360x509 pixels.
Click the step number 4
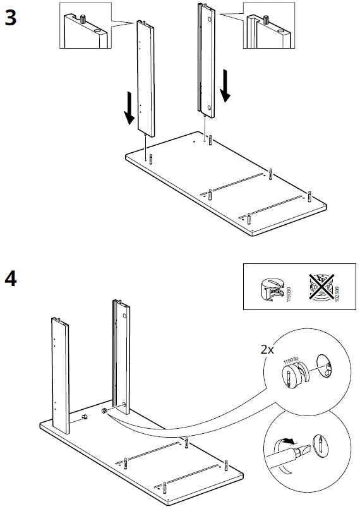pos(11,278)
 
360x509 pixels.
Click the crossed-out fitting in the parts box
pos(322,287)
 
